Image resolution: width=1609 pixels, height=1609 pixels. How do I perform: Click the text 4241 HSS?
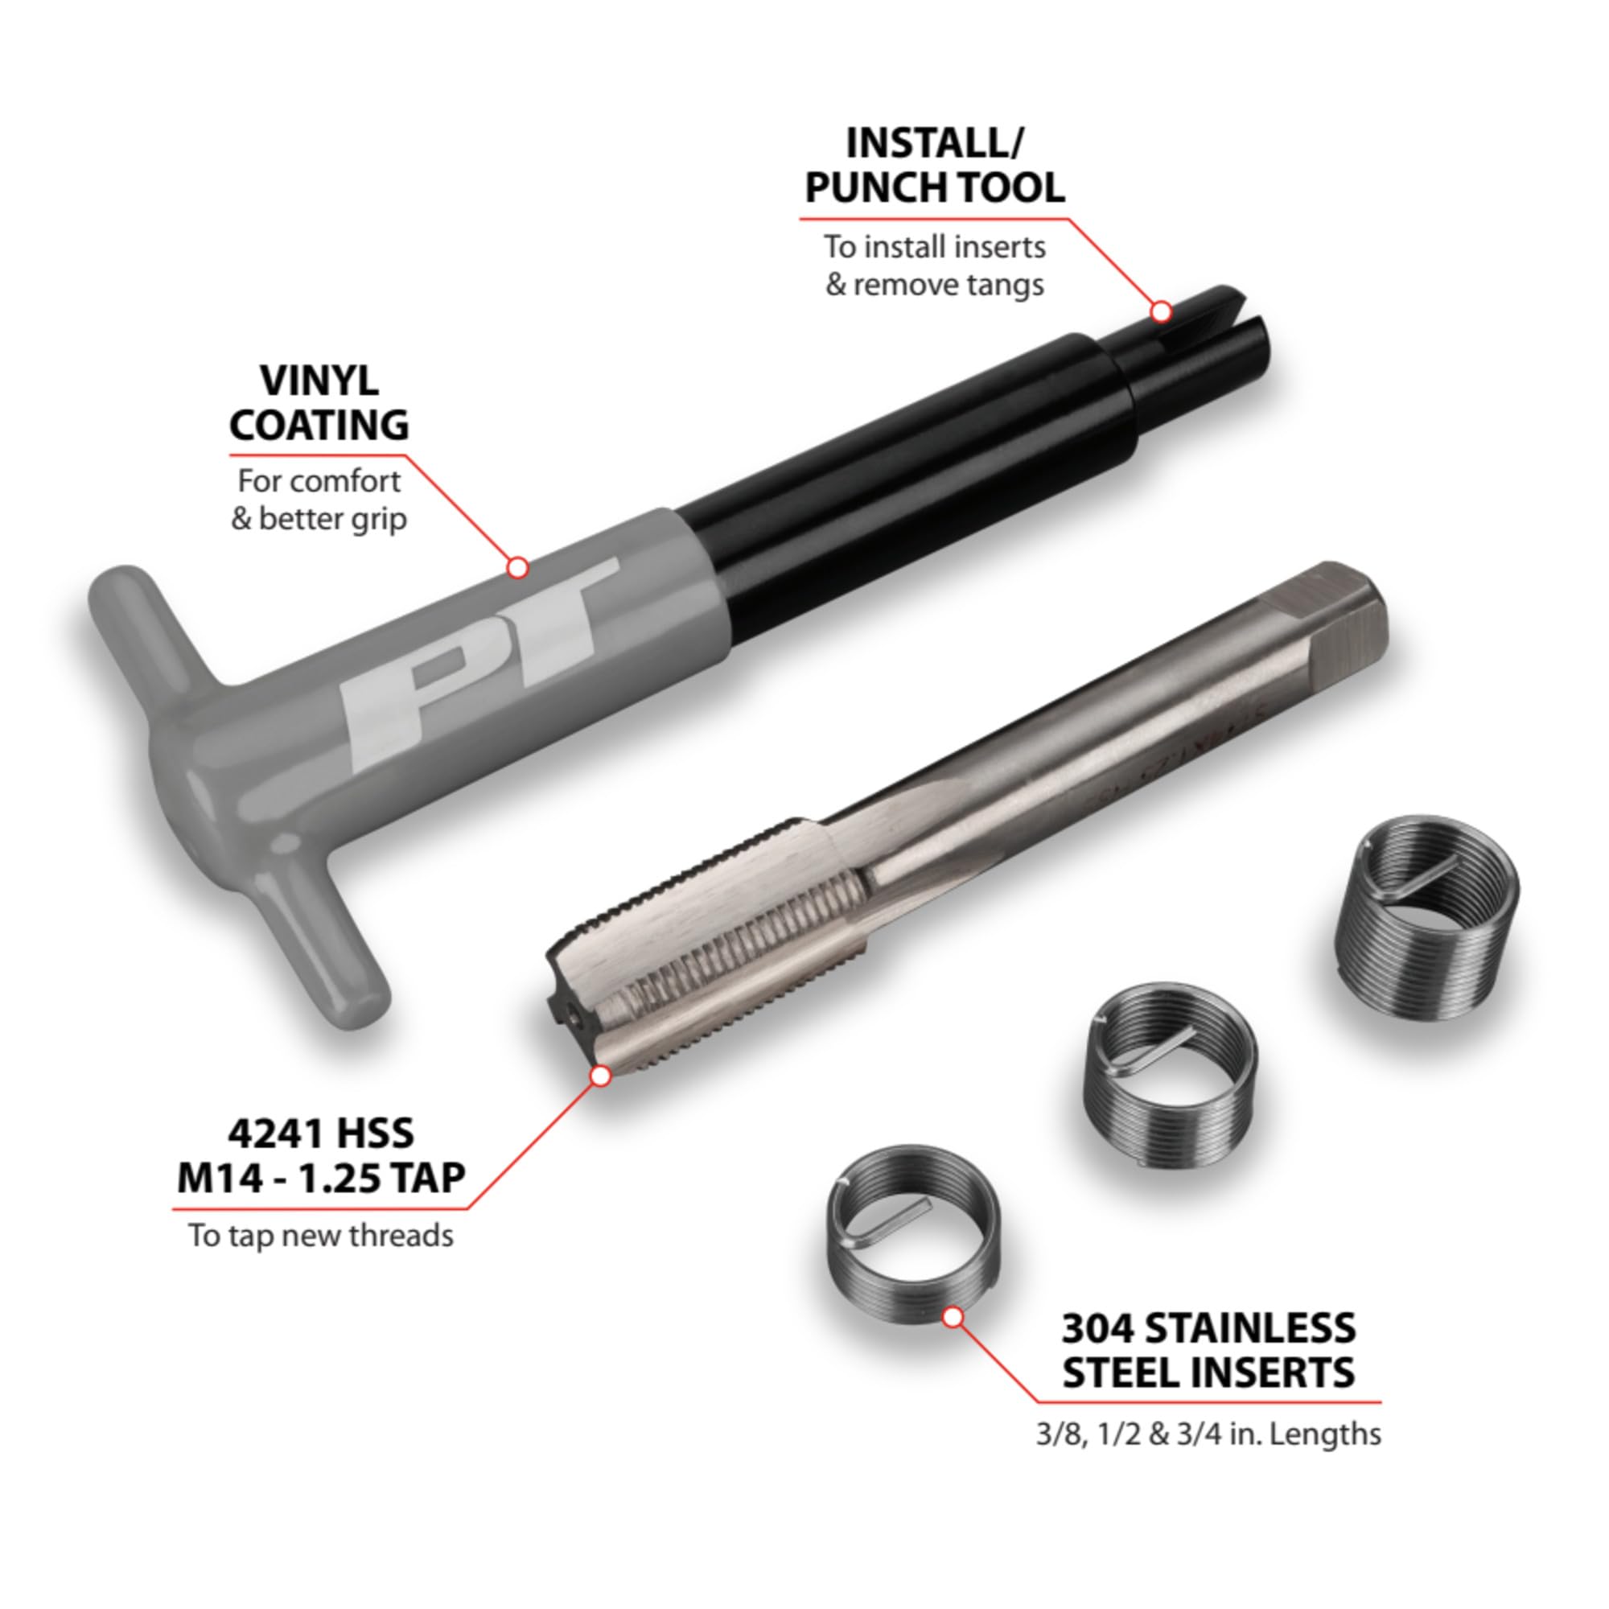[321, 1134]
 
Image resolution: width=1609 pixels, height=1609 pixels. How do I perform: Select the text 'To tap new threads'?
[321, 1235]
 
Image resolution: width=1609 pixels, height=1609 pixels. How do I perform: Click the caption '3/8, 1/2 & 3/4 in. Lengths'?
[1208, 1434]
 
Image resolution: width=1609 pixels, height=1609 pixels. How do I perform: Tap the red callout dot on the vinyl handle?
[517, 567]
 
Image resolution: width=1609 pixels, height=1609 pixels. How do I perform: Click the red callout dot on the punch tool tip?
[1161, 311]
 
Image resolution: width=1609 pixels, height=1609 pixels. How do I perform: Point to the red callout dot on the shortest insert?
[952, 1318]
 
